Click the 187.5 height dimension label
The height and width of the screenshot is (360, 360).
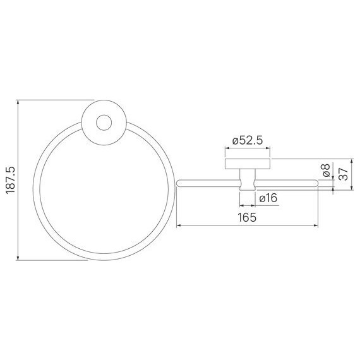[11, 180]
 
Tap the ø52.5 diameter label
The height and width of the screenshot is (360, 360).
[248, 140]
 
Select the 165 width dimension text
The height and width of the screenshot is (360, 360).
[247, 217]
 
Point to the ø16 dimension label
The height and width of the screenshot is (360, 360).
[268, 198]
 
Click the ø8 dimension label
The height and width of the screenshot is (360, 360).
[327, 170]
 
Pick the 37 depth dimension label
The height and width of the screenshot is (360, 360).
[344, 174]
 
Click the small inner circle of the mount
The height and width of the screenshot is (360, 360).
[104, 123]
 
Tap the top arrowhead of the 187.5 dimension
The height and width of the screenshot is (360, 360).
[18, 102]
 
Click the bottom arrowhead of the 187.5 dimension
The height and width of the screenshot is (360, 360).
[18, 258]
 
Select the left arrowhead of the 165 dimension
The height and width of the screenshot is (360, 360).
[179, 225]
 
